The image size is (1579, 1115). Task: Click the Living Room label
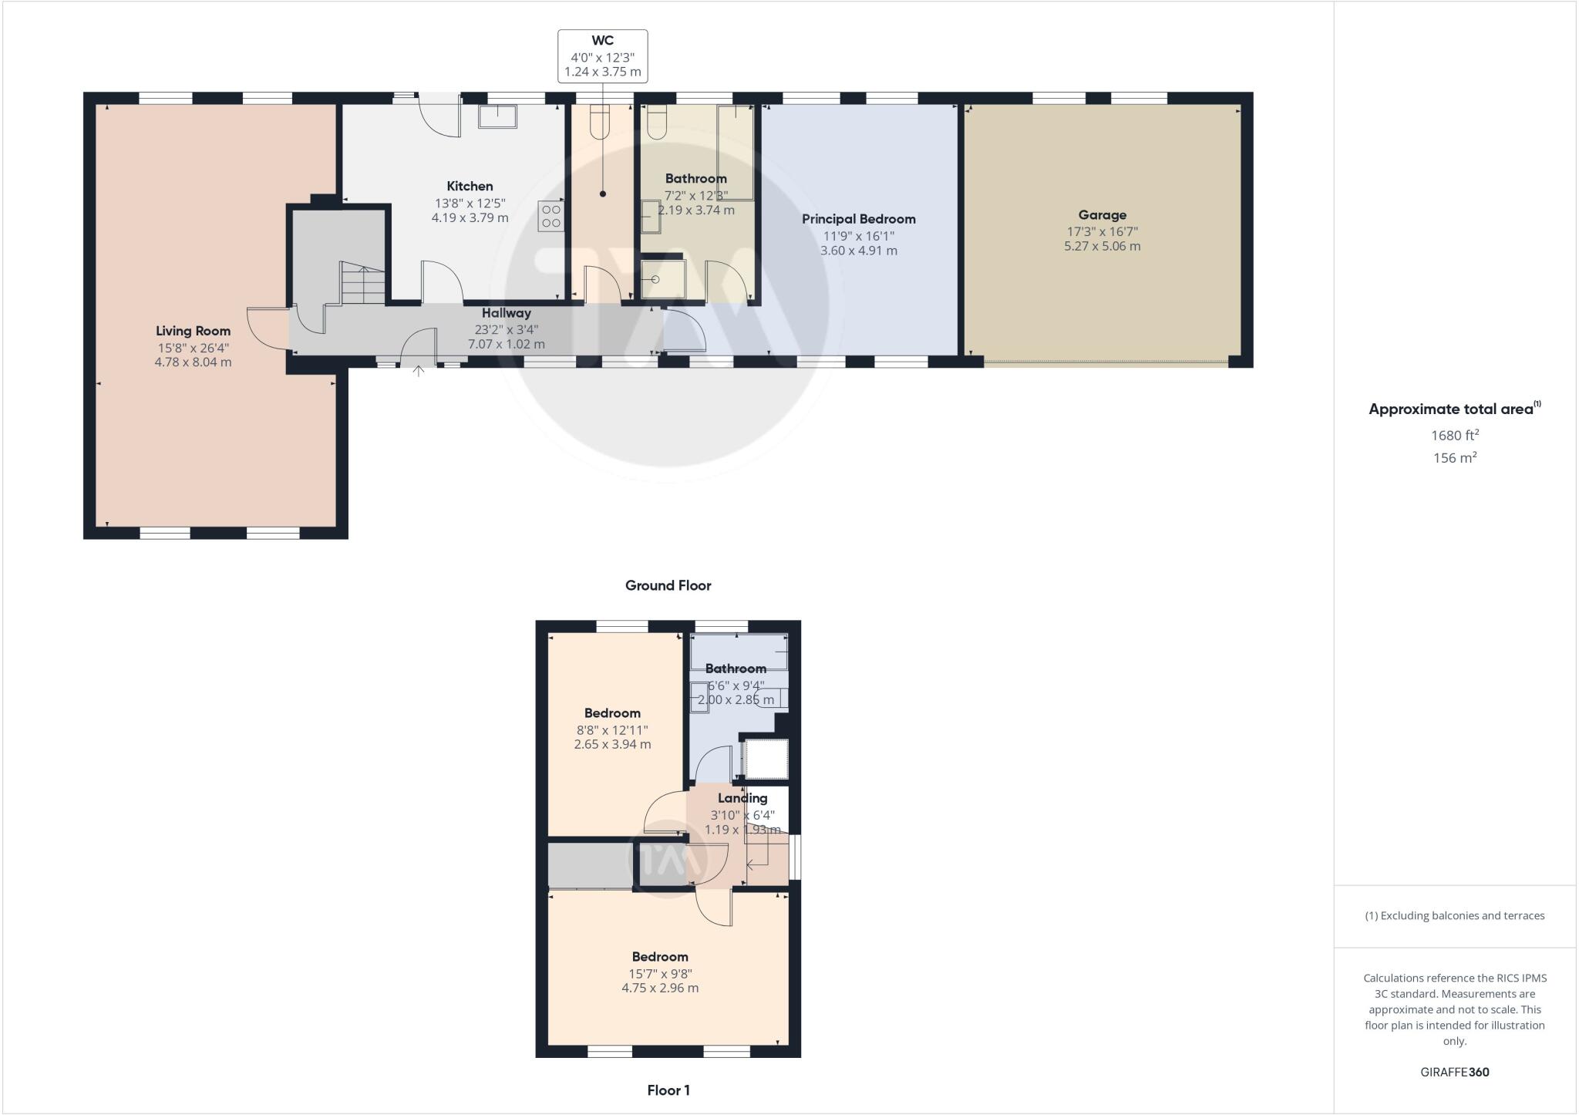coord(193,331)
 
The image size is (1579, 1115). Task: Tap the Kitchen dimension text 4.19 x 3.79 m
coord(470,217)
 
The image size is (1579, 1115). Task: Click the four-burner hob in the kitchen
coord(551,216)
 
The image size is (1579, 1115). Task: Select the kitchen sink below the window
coord(497,116)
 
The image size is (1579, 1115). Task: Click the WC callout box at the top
coord(602,56)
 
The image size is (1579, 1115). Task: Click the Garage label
coord(1102,215)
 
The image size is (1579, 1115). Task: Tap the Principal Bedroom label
coord(858,219)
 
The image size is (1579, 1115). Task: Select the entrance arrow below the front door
coord(419,372)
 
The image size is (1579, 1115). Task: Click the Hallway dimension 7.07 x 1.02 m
coord(506,344)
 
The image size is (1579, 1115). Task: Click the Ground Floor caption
coord(668,585)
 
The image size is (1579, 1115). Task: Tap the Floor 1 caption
coord(668,1090)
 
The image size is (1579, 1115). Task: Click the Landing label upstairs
coord(742,798)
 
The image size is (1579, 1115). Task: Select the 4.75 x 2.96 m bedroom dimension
coord(660,988)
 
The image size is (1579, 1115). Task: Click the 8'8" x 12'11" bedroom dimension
coord(612,729)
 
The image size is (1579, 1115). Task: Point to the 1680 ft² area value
coord(1454,435)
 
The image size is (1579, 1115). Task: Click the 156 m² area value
coord(1454,457)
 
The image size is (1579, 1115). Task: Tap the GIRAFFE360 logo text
coord(1454,1072)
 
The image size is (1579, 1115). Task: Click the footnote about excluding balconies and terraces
coord(1454,916)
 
